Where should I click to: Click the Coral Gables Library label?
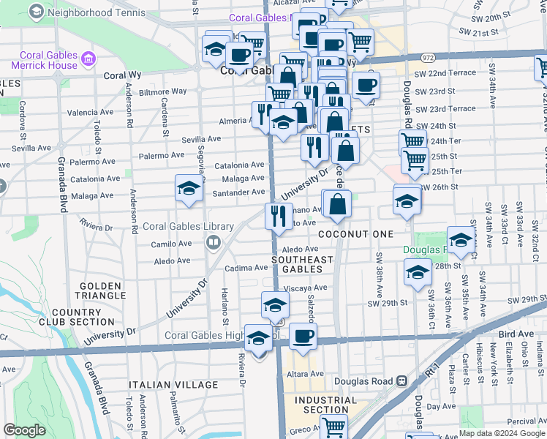click(x=188, y=227)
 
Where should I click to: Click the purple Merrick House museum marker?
click(x=88, y=58)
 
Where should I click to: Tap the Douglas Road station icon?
click(x=401, y=381)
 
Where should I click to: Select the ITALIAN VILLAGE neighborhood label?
click(x=173, y=384)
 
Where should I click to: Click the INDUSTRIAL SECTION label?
click(x=325, y=405)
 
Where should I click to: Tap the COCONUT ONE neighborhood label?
click(x=356, y=233)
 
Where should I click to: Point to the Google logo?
click(x=24, y=429)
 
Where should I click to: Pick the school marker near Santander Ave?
click(x=189, y=189)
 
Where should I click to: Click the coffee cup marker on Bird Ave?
click(x=303, y=336)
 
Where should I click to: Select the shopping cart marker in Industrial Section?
click(x=333, y=427)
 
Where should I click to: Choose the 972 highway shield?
click(x=428, y=56)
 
